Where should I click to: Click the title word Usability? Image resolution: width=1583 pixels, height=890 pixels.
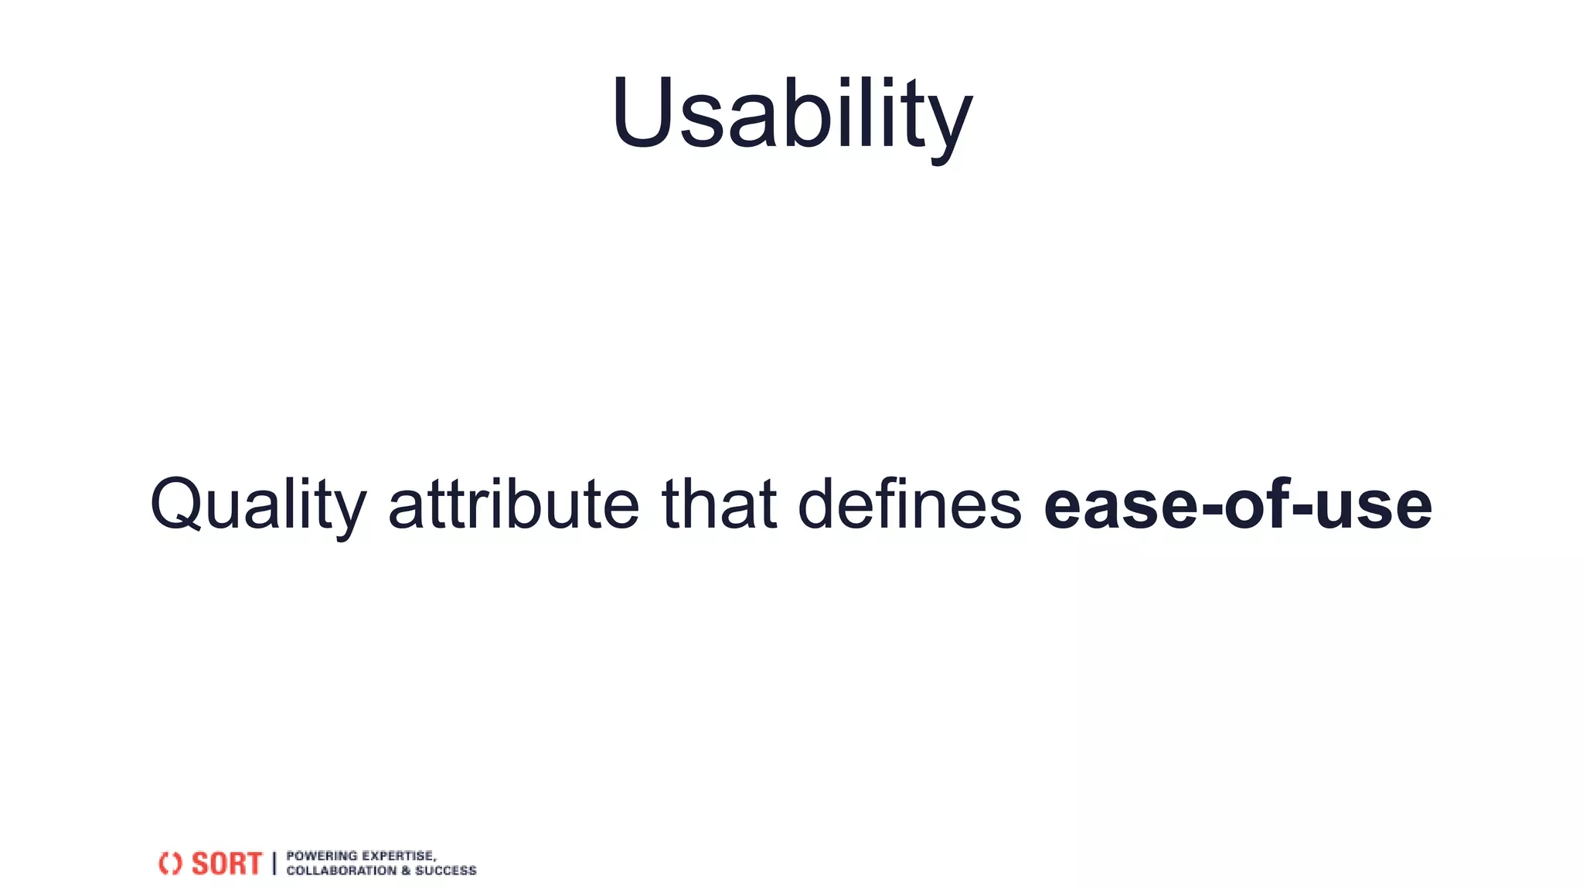click(791, 114)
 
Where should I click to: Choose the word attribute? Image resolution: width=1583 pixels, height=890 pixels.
click(513, 504)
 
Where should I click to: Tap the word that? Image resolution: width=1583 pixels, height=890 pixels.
click(719, 504)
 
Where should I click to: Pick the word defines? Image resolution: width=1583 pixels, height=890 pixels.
click(910, 504)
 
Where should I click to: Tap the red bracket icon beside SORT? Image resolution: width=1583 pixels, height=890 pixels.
click(170, 863)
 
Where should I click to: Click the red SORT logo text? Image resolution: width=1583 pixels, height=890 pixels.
click(226, 863)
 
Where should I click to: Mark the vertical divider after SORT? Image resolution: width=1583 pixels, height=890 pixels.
click(274, 863)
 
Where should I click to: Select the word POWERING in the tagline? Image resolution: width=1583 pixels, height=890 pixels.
click(322, 856)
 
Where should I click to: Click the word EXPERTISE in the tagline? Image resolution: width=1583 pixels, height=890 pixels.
click(399, 856)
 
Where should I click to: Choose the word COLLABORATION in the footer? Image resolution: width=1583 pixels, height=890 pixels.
click(341, 871)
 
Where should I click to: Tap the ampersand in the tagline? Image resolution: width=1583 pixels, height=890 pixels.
click(406, 871)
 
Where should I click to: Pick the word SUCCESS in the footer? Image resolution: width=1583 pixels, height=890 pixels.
click(446, 871)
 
